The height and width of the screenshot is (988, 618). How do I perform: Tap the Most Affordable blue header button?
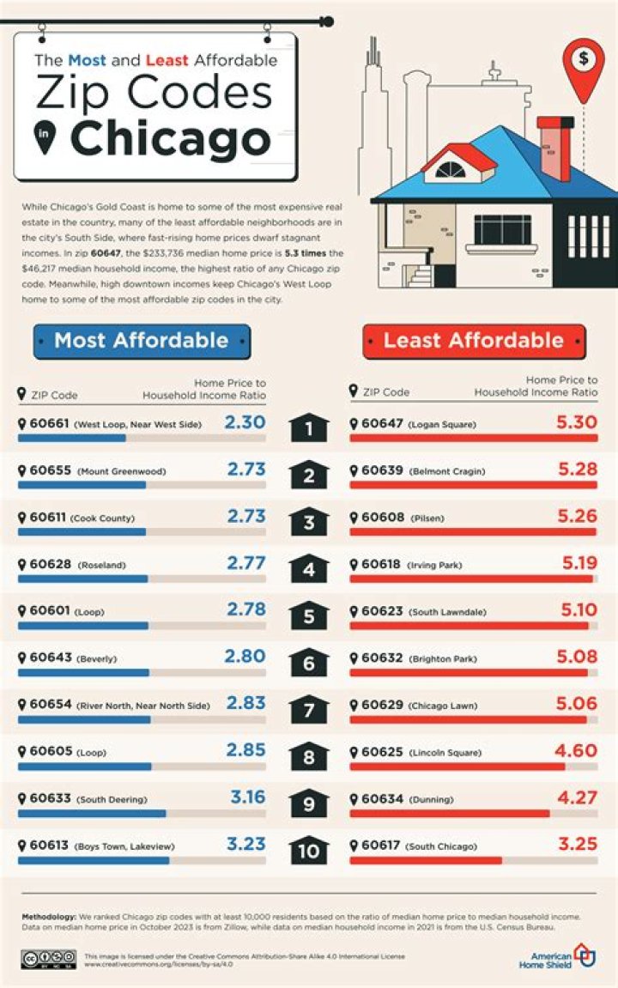(142, 341)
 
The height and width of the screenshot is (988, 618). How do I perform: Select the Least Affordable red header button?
(474, 341)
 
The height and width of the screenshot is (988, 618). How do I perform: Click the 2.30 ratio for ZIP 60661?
(245, 422)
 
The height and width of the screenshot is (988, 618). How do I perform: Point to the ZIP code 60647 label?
(381, 424)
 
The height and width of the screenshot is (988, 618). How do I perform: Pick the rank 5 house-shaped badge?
(309, 615)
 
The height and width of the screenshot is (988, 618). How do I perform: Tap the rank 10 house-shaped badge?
(309, 850)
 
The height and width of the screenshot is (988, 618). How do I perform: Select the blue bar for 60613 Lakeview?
(94, 859)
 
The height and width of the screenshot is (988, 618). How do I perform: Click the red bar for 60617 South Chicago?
(426, 859)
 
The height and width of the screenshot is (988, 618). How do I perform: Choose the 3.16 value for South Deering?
(248, 797)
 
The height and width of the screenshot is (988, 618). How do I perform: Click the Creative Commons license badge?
(50, 958)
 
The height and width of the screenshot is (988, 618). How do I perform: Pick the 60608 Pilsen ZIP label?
(381, 518)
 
